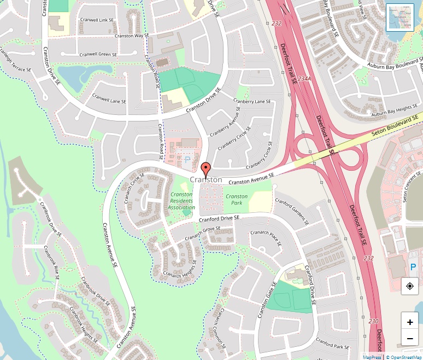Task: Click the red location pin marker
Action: pos(205,169)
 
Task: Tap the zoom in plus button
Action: pos(410,322)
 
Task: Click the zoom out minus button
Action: pos(410,339)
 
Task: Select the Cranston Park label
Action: pos(237,200)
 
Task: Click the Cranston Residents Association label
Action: pos(181,201)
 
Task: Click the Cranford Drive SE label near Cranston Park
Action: pos(219,218)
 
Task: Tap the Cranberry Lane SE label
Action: pos(252,101)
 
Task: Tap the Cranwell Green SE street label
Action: pos(98,55)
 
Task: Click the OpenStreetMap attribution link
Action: pos(404,357)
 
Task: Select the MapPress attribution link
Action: pos(372,357)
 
